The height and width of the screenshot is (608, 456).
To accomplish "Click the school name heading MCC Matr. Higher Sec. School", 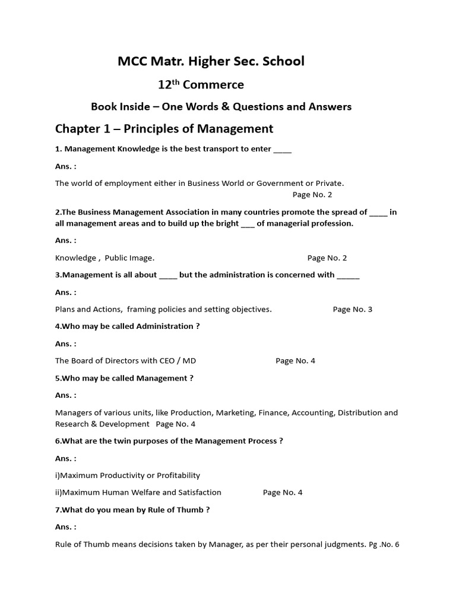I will (x=211, y=61).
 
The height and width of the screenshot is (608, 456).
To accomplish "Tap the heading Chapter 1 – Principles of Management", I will (x=164, y=129).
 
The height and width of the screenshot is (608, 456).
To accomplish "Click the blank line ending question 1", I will (x=283, y=149).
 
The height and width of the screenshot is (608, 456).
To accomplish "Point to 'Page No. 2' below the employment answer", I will (x=312, y=194).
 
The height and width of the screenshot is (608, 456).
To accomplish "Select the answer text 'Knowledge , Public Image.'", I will (x=104, y=258).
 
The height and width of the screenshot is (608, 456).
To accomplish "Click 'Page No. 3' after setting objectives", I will (x=353, y=309).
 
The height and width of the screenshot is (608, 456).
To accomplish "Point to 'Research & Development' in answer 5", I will (x=102, y=424).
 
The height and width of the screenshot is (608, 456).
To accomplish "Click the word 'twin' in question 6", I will (x=111, y=441).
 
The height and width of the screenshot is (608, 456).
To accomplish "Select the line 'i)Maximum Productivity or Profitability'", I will (x=128, y=475).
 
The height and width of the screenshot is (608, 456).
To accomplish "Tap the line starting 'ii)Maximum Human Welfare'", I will (x=138, y=492).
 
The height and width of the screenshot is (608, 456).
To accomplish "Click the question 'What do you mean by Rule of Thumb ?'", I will (x=132, y=509).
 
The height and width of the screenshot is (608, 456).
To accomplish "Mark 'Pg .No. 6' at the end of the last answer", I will (x=384, y=543).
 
